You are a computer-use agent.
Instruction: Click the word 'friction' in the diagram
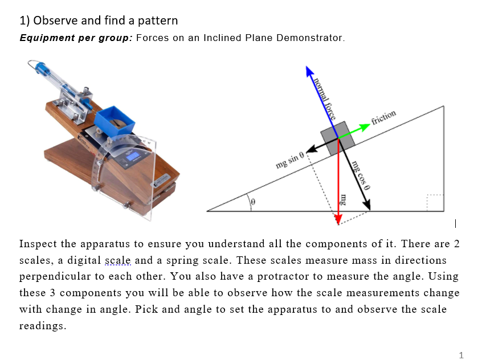point(383,116)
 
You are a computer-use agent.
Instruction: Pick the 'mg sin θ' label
point(291,160)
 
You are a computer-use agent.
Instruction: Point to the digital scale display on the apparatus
point(134,156)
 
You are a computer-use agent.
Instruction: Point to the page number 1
point(461,355)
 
